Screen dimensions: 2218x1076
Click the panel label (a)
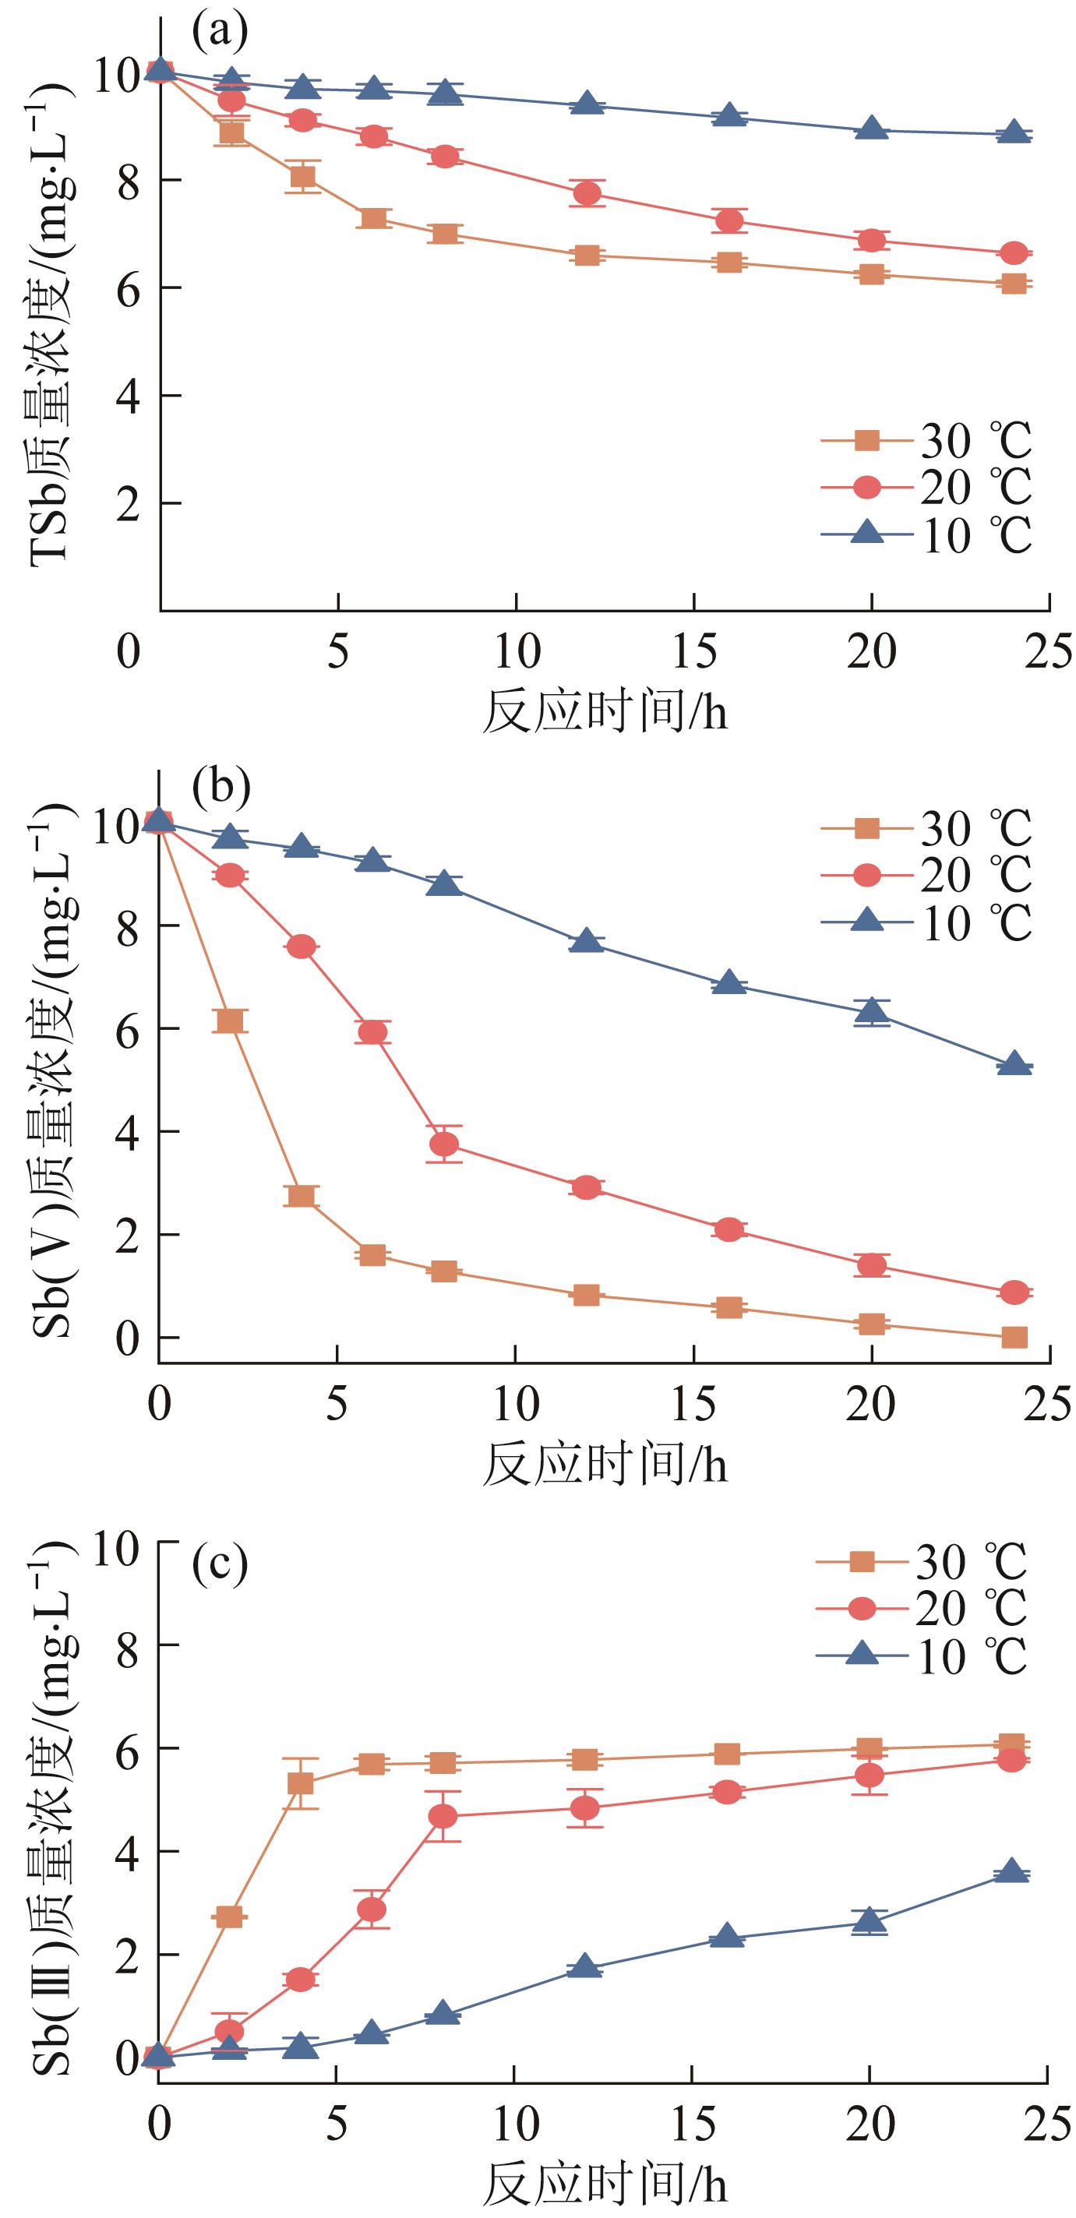click(x=220, y=32)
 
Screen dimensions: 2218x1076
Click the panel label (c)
click(x=220, y=1564)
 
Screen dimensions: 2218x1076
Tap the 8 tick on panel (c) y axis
click(x=129, y=1645)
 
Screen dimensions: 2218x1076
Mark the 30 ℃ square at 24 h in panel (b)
click(x=1014, y=1337)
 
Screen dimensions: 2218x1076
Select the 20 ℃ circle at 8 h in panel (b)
click(x=444, y=1144)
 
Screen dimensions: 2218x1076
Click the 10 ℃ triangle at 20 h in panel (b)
click(x=872, y=1013)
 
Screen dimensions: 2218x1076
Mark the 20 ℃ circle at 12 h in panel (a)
click(x=587, y=194)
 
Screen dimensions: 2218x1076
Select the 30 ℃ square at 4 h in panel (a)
click(x=302, y=178)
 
